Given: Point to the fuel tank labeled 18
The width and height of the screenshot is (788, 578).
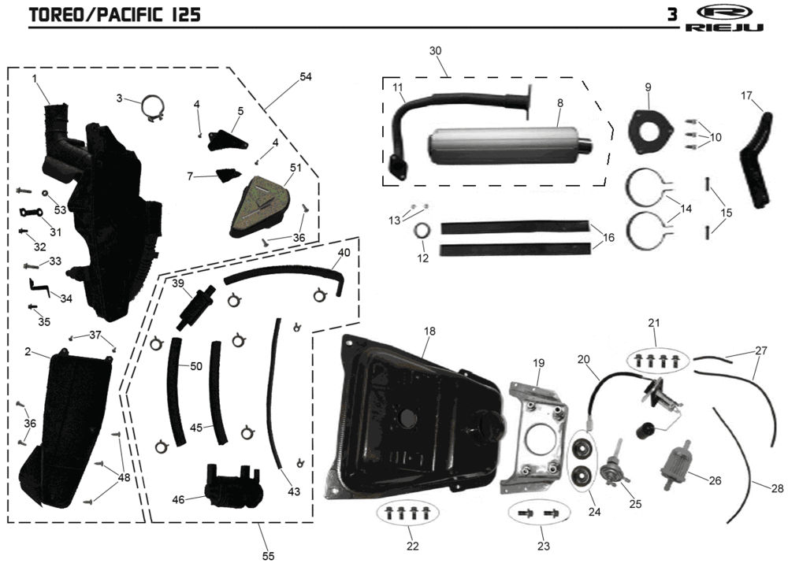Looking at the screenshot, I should [x=414, y=417].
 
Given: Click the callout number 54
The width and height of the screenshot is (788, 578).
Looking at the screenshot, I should [x=306, y=76].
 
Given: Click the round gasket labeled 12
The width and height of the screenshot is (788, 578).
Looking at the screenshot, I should [x=423, y=232].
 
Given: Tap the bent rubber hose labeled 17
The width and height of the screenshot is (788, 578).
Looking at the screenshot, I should [x=757, y=161].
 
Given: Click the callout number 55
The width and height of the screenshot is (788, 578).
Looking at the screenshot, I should [x=269, y=556].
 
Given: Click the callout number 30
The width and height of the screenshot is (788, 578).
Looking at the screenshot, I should [x=435, y=50].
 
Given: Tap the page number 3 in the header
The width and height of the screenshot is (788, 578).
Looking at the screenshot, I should [x=672, y=15].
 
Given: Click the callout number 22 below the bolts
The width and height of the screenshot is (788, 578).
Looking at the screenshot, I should [x=412, y=546].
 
